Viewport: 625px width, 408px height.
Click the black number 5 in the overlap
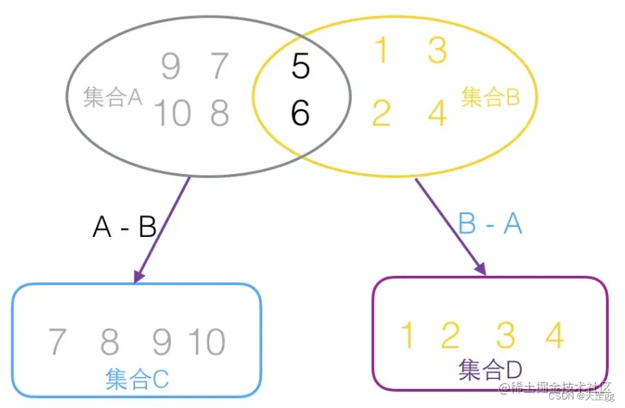click(x=300, y=66)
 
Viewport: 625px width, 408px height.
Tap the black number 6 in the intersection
click(x=300, y=112)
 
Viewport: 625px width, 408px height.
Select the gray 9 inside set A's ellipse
click(x=170, y=67)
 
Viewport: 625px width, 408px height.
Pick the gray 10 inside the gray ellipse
click(x=172, y=113)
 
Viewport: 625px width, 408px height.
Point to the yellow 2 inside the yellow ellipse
click(x=381, y=113)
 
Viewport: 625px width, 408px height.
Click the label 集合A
click(x=112, y=98)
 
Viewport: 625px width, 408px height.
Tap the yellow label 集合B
click(x=490, y=97)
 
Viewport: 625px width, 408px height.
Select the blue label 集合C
click(x=137, y=379)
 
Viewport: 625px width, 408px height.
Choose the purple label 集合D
click(x=490, y=369)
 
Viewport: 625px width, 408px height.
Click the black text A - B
click(x=124, y=227)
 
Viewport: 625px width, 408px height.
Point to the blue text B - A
click(x=490, y=223)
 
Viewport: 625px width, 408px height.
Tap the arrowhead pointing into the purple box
click(x=480, y=268)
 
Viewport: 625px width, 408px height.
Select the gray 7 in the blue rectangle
click(x=57, y=342)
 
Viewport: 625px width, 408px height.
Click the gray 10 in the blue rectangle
click(x=206, y=342)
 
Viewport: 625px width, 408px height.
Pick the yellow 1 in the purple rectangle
click(x=407, y=335)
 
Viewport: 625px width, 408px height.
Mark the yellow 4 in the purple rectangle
click(x=555, y=335)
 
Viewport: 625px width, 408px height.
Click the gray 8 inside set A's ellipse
click(x=220, y=113)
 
